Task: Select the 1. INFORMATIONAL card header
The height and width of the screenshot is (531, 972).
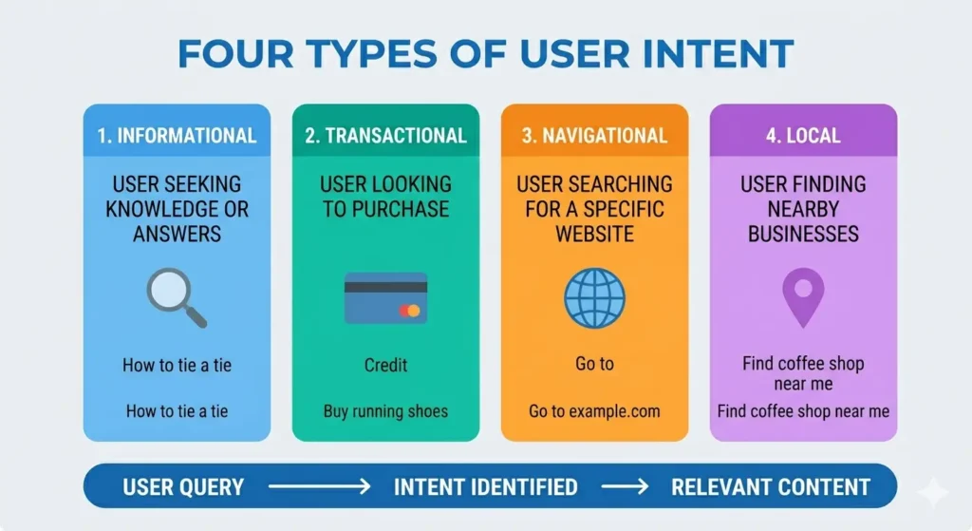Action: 177,136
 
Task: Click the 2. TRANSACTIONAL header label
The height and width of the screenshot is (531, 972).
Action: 385,136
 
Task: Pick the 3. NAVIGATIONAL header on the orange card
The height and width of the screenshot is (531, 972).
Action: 594,136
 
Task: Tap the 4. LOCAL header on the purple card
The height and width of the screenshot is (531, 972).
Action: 803,136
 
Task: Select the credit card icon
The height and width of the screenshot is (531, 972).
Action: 385,298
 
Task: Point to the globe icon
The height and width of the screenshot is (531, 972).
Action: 594,297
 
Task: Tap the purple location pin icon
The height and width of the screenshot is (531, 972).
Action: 803,295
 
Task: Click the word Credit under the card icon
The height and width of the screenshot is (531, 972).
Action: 385,365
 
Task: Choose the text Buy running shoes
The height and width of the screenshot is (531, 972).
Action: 385,411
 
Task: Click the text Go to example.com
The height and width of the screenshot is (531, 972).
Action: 594,411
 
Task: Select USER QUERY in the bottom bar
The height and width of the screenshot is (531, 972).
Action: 183,487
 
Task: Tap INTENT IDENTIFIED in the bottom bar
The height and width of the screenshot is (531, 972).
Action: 485,487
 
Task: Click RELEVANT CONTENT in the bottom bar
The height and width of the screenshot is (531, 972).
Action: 770,487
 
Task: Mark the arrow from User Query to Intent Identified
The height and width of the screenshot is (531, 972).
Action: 318,487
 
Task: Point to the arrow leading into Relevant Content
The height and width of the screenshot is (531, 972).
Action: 624,487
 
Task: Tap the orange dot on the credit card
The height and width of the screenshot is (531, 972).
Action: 413,311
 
